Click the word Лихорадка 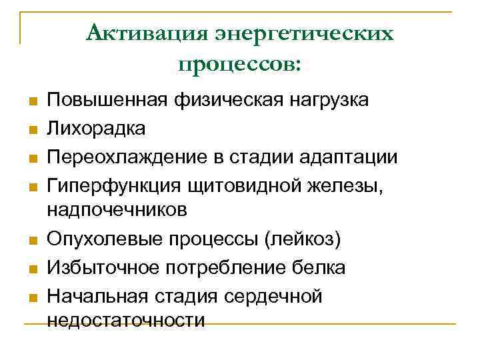[95, 128]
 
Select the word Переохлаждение [125, 157]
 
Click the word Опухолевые [105, 239]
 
